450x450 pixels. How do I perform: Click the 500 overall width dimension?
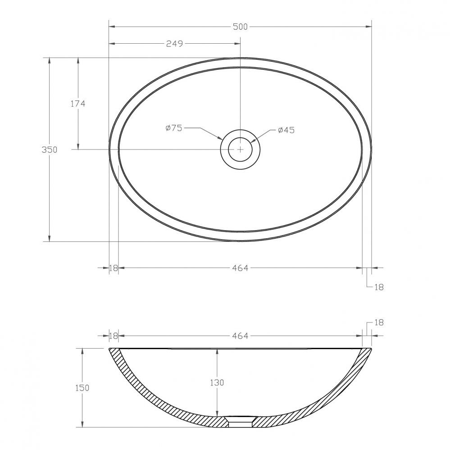pyautogui.click(x=240, y=27)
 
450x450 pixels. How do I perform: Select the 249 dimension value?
pyautogui.click(x=174, y=44)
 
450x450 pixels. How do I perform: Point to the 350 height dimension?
pyautogui.click(x=50, y=150)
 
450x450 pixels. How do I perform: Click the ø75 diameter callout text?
pyautogui.click(x=174, y=128)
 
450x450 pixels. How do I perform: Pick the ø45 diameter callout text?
pyautogui.click(x=286, y=130)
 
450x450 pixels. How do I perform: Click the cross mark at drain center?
pyautogui.click(x=240, y=150)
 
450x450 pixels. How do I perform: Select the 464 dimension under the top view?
pyautogui.click(x=240, y=268)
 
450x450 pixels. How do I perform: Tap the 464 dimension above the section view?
pyautogui.click(x=240, y=336)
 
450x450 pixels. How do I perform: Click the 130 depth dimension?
pyautogui.click(x=217, y=382)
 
